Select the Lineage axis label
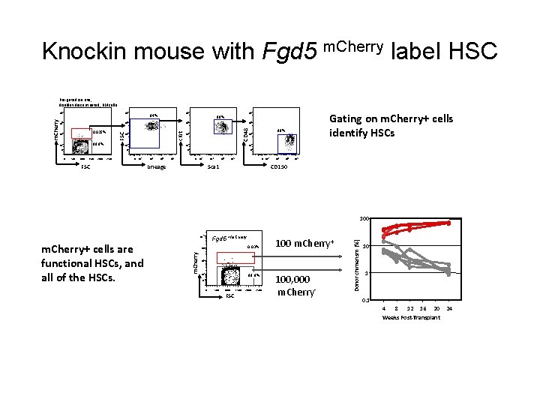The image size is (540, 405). (x=157, y=166)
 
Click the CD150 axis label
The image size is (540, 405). (x=278, y=166)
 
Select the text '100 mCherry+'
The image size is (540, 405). (x=304, y=244)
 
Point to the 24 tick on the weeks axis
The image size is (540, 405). (x=449, y=309)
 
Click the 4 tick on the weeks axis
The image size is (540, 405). (x=384, y=309)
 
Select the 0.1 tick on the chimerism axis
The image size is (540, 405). (x=364, y=300)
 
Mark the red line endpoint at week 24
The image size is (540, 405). (x=449, y=223)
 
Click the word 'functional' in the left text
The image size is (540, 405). (x=67, y=263)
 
